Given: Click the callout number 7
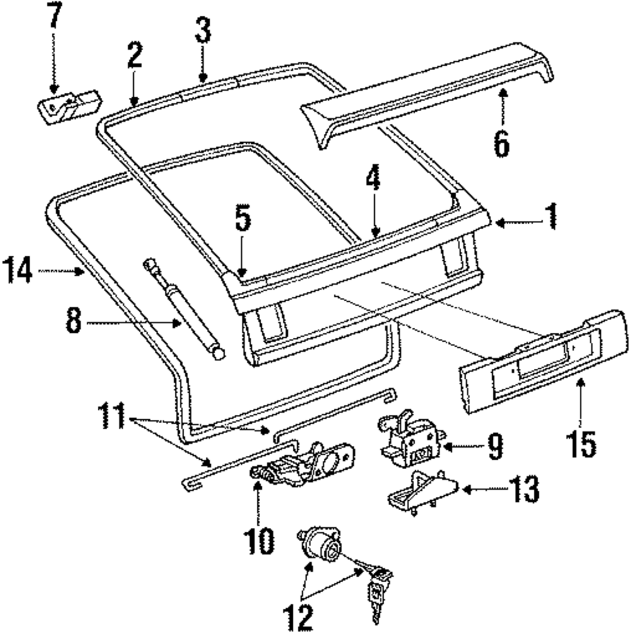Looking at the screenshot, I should (x=54, y=17).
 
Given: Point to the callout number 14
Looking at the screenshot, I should (x=20, y=272).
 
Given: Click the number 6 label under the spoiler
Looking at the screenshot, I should (x=501, y=143).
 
